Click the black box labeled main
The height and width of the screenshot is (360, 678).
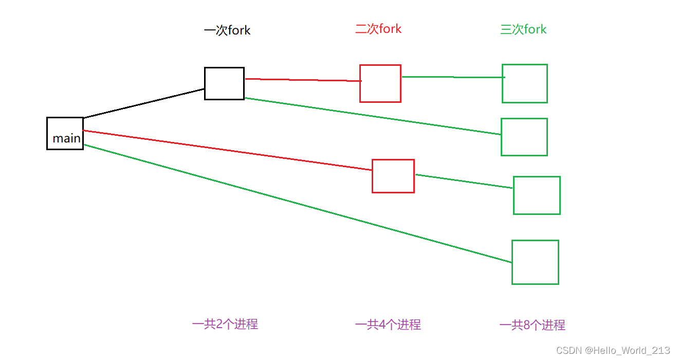pos(65,133)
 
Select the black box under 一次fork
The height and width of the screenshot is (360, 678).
pos(224,83)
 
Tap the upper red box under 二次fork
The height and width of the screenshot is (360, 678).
pos(380,83)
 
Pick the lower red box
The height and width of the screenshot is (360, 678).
pos(393,176)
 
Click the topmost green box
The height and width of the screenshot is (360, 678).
pos(524,83)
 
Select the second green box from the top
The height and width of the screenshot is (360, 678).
pos(524,137)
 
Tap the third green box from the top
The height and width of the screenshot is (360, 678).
pos(536,195)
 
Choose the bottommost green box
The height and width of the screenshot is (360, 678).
pos(535,262)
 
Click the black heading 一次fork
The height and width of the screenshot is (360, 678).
pos(227,30)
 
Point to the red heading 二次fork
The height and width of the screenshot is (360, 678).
pos(378,29)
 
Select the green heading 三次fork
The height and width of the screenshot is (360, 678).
pos(523,29)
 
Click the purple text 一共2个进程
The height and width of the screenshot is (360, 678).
pos(225,324)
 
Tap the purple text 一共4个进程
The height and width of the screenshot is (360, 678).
pos(388,325)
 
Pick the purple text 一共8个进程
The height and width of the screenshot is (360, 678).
pos(532,325)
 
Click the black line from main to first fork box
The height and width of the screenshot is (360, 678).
pos(144,103)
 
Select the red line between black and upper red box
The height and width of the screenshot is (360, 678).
pos(303,80)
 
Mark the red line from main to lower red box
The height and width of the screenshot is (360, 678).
pos(226,150)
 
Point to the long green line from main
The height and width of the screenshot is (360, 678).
pos(298,204)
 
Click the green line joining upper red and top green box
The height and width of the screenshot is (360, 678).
pos(452,77)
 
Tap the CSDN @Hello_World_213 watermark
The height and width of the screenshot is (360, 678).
pos(613,350)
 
